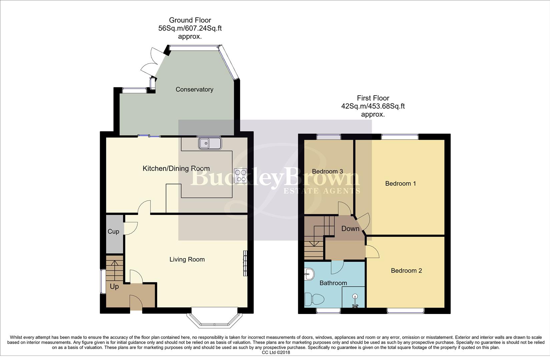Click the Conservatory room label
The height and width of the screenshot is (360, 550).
pyautogui.click(x=194, y=89)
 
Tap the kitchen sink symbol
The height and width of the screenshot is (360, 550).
pyautogui.click(x=210, y=144)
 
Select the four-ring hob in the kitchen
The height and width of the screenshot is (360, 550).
pyautogui.click(x=240, y=176)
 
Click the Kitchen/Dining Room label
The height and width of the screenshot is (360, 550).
pyautogui.click(x=176, y=169)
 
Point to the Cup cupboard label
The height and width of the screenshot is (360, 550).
pyautogui.click(x=113, y=231)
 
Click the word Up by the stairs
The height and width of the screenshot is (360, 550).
pyautogui.click(x=114, y=287)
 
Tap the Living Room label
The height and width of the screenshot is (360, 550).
pyautogui.click(x=187, y=259)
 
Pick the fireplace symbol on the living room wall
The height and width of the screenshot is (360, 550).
pyautogui.click(x=245, y=263)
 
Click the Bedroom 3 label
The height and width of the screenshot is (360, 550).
pyautogui.click(x=327, y=171)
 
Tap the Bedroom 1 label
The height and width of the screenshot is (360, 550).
pyautogui.click(x=400, y=183)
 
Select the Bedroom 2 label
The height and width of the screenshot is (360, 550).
pyautogui.click(x=406, y=271)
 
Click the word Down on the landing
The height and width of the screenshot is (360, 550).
pyautogui.click(x=350, y=229)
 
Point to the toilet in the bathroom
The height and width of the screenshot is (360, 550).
pyautogui.click(x=314, y=299)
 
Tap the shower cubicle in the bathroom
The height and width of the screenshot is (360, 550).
pyautogui.click(x=354, y=297)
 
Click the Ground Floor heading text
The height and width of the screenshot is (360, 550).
pyautogui.click(x=190, y=20)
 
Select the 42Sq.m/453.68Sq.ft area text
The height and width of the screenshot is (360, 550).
pyautogui.click(x=373, y=106)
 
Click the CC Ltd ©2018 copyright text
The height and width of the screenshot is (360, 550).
pyautogui.click(x=276, y=352)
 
